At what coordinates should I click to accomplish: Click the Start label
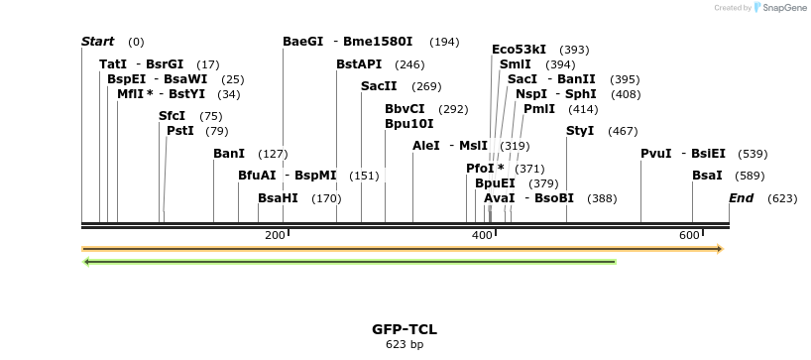(x=97, y=42)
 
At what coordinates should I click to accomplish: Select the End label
(x=741, y=198)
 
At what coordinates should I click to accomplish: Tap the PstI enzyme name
(x=179, y=131)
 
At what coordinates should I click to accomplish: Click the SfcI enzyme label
(x=172, y=116)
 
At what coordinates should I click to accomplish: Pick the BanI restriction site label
(x=228, y=154)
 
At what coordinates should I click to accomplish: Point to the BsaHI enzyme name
(x=278, y=198)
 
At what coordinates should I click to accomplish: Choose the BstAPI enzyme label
(x=358, y=64)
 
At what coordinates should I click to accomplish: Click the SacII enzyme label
(x=379, y=87)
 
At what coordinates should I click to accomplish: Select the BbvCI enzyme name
(x=405, y=109)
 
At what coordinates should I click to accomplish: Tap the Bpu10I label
(x=408, y=124)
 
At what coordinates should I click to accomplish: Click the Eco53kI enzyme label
(x=519, y=50)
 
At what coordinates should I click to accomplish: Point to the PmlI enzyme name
(x=539, y=109)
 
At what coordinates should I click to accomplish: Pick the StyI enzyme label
(x=580, y=131)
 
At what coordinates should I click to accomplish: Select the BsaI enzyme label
(x=707, y=176)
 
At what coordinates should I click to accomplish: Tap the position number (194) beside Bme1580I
(x=444, y=42)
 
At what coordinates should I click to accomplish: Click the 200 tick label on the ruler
(x=275, y=235)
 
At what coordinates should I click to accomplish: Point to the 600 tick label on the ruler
(x=689, y=235)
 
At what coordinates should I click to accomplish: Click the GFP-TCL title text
(x=405, y=329)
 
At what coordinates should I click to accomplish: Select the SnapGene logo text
(x=784, y=8)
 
